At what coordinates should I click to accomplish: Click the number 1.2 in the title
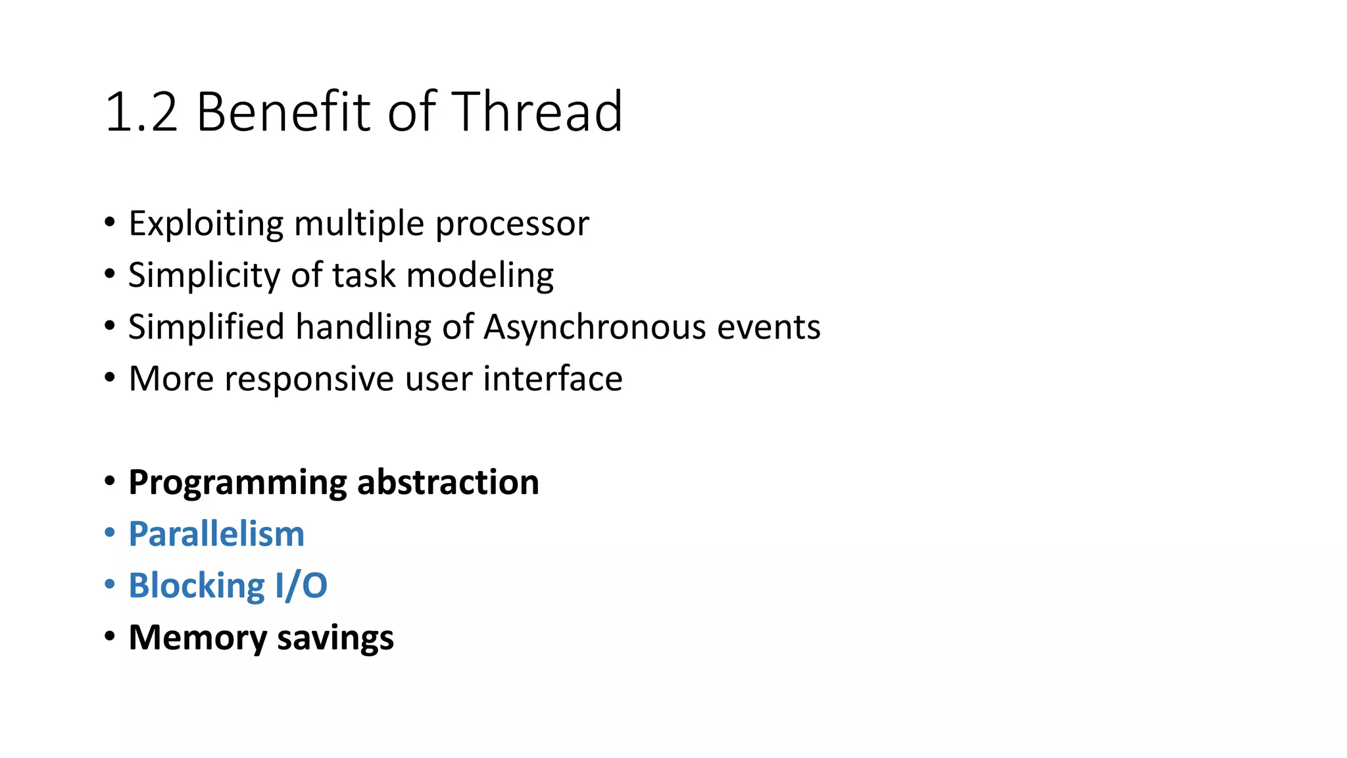[x=141, y=112]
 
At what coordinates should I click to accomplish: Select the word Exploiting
[x=206, y=224]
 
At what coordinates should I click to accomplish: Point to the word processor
[x=512, y=224]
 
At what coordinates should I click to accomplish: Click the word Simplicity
[x=204, y=275]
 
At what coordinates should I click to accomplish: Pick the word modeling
[x=480, y=275]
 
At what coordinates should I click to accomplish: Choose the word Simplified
[x=206, y=327]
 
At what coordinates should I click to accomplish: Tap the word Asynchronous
[x=595, y=327]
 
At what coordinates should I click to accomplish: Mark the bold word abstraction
[x=448, y=482]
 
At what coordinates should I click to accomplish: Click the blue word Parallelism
[x=216, y=534]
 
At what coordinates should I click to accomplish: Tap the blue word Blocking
[x=197, y=586]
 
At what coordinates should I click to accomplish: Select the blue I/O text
[x=301, y=586]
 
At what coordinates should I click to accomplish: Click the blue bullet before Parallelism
[x=110, y=532]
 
